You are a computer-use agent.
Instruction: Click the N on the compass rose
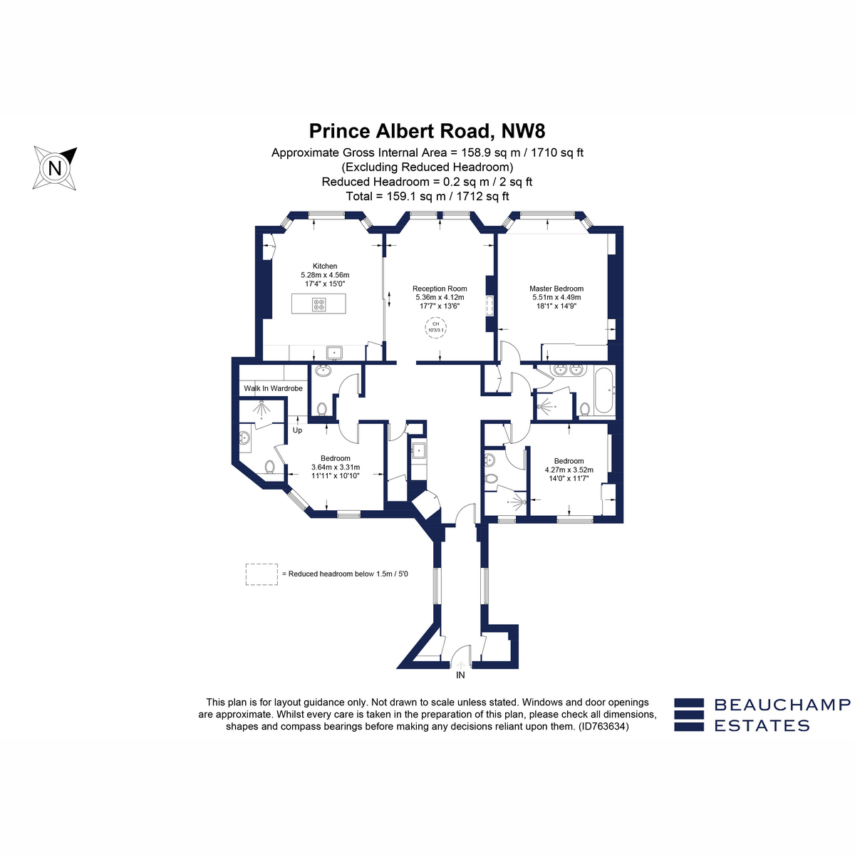coord(55,169)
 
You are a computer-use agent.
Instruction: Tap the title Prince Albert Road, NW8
coord(427,131)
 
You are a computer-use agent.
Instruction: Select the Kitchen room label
coord(325,266)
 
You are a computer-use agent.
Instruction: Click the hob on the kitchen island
coord(319,304)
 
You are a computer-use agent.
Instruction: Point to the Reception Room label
coord(440,289)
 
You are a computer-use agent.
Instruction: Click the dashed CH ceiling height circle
coord(436,328)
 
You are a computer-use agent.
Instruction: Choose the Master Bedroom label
coord(556,289)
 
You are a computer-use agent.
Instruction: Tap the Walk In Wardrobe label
coord(274,388)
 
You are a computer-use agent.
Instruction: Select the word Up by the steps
coord(297,430)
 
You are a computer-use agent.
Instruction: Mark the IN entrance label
coord(460,675)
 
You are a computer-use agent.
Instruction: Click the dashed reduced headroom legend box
coord(261,574)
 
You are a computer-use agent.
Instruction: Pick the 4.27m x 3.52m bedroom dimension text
coord(569,470)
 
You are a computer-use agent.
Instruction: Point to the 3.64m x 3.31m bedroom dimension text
coord(336,467)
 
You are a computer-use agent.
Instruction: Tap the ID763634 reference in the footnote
coord(603,726)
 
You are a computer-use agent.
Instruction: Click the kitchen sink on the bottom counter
coord(334,353)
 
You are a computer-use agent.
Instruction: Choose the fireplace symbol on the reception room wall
coord(489,305)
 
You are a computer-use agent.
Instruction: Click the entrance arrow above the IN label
coord(460,665)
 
